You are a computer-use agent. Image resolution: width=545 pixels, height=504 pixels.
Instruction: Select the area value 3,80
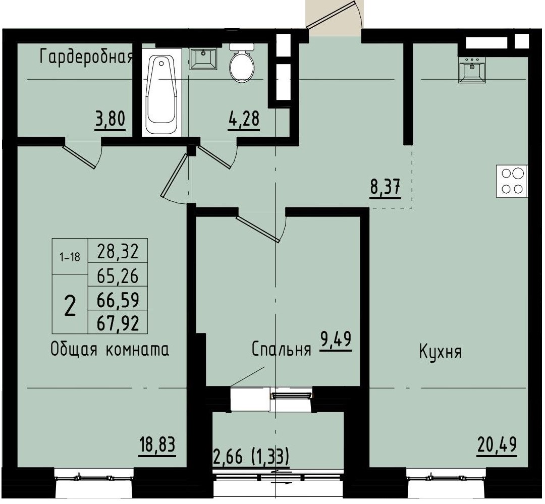coord(110,121)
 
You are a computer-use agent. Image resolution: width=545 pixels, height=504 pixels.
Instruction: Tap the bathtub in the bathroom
coord(161,94)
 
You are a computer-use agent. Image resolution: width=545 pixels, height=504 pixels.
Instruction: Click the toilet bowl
coord(241,64)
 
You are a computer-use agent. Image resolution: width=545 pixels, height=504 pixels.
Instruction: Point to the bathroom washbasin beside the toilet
coord(204,58)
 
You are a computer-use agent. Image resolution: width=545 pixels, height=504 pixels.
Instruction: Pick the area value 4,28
coord(244,121)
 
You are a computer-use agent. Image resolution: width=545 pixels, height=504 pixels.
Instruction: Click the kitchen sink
coord(472,69)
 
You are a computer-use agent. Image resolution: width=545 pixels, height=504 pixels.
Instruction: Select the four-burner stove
coord(512,181)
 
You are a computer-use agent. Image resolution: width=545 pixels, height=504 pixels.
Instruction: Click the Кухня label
coord(440,352)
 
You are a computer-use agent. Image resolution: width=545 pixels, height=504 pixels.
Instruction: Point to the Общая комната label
coord(110,350)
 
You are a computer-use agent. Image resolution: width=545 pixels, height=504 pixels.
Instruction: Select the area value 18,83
coord(157,445)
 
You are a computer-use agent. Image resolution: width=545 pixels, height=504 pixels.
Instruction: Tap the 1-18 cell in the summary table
coord(70,257)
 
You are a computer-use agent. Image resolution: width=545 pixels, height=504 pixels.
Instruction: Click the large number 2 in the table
coord(70,305)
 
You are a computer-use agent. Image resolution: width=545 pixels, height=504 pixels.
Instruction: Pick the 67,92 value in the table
coord(118,322)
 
